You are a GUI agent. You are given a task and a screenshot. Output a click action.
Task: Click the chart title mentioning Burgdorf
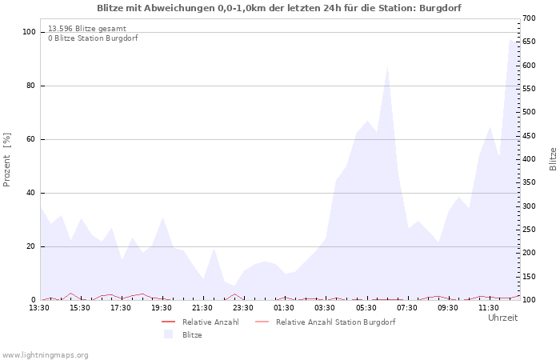tap(279, 8)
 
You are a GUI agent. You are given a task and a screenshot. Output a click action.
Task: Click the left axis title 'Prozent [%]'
tap(7, 160)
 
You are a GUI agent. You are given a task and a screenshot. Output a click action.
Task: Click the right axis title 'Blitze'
tap(553, 158)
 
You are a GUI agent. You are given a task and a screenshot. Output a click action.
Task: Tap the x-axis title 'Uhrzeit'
tap(502, 318)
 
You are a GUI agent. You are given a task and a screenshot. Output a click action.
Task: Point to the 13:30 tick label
tap(39, 307)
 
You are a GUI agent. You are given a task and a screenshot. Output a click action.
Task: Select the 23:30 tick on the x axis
tap(243, 307)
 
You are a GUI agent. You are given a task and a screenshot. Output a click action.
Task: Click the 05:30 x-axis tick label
tap(366, 307)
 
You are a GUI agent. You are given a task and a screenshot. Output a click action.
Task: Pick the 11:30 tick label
tap(489, 307)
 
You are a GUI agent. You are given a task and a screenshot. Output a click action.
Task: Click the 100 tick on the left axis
tap(29, 32)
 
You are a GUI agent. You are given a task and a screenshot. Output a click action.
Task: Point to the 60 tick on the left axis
tap(31, 139)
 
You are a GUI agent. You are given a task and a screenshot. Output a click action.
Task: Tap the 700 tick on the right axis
tap(529, 18)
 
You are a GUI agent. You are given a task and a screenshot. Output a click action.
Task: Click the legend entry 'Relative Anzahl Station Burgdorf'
tap(335, 322)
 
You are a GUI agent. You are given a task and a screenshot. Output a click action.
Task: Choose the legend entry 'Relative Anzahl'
tap(210, 322)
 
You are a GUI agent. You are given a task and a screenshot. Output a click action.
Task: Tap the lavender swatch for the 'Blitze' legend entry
tap(168, 334)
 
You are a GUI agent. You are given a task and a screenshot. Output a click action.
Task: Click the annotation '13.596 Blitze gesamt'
tap(86, 28)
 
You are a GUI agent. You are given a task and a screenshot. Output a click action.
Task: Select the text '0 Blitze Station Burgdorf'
tap(93, 38)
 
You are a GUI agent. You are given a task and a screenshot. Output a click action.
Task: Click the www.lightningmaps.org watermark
tap(45, 354)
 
